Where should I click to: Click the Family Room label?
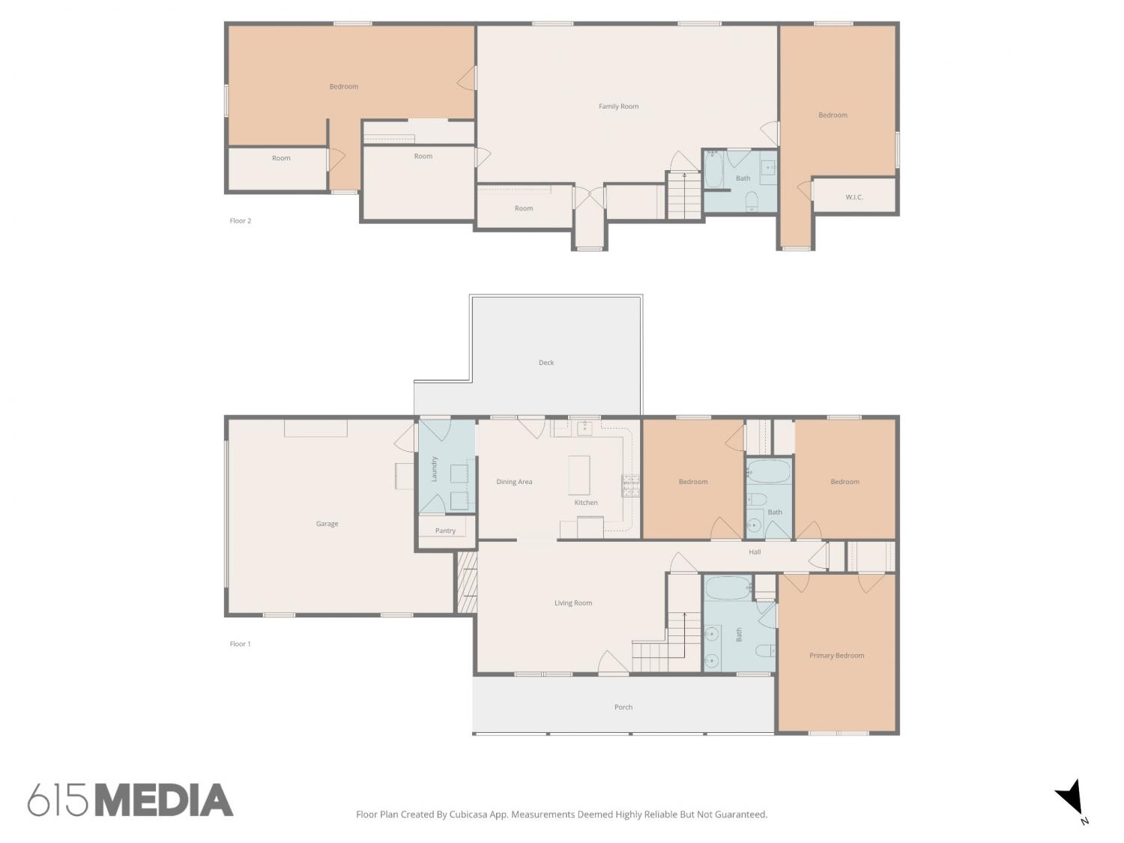point(618,106)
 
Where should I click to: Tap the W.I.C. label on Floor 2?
point(853,197)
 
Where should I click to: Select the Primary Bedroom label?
point(836,656)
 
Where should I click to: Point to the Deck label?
point(546,363)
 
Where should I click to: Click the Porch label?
point(623,707)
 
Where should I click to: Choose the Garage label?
point(327,524)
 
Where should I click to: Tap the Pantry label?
point(445,531)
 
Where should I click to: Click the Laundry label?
point(434,469)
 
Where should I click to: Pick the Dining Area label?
point(514,482)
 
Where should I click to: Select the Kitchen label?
point(585,503)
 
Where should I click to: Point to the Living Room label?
point(573,603)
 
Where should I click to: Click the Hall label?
point(755,552)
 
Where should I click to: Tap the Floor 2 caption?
point(241,220)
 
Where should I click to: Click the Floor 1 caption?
point(241,644)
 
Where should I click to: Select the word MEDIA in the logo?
point(165,800)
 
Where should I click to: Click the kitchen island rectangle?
point(578,476)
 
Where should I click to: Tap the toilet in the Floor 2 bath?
point(752,202)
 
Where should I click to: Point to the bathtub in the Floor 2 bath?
point(713,169)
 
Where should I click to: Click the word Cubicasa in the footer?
point(468,815)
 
